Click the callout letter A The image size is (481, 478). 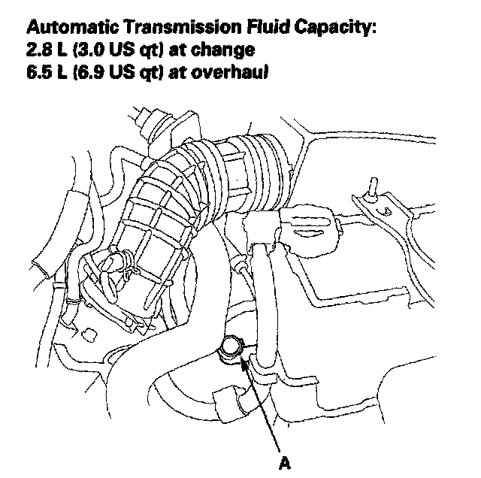pyautogui.click(x=285, y=462)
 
